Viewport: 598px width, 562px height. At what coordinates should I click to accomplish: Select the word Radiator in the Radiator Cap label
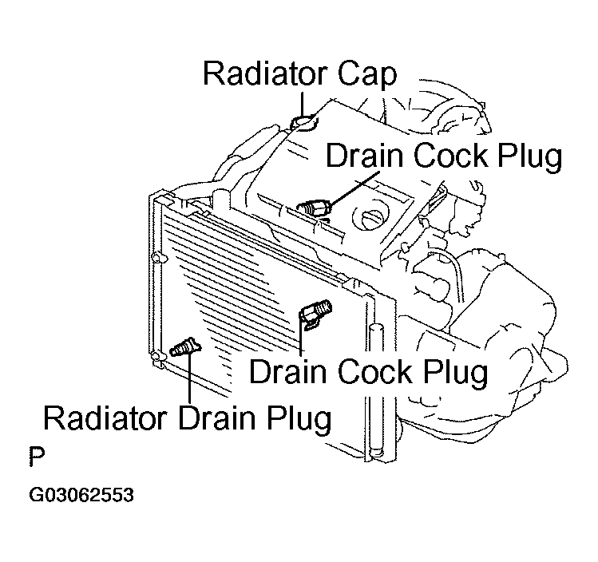(x=261, y=73)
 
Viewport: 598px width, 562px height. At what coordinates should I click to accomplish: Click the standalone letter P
(x=36, y=457)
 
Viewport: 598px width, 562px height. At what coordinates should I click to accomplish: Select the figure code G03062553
(x=81, y=495)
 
